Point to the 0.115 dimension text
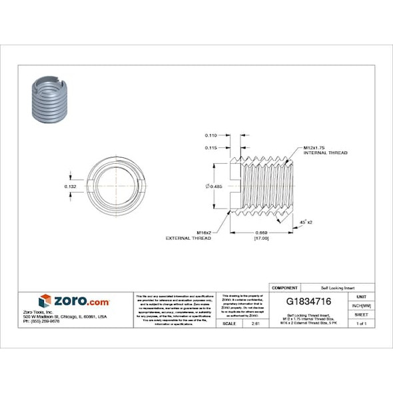212,147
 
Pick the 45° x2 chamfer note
307,221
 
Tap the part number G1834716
303,302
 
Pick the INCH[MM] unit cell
362,305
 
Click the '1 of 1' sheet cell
362,323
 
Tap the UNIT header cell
362,296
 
